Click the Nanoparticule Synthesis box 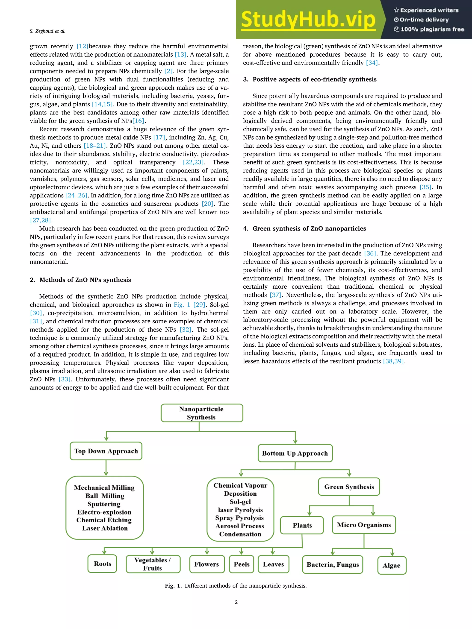[x=202, y=413]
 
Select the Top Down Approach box [x=106, y=451]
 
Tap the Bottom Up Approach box [x=295, y=453]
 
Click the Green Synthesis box [x=349, y=487]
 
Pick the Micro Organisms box [x=364, y=525]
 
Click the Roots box [x=102, y=564]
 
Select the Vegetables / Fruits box [x=153, y=564]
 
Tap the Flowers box [x=207, y=564]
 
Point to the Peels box [x=242, y=564]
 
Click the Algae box [x=392, y=565]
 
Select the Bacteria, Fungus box [x=333, y=565]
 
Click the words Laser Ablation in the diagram [x=105, y=528]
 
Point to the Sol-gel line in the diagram [x=240, y=502]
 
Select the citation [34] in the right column [x=372, y=63]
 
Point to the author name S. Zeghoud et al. [x=47, y=31]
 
